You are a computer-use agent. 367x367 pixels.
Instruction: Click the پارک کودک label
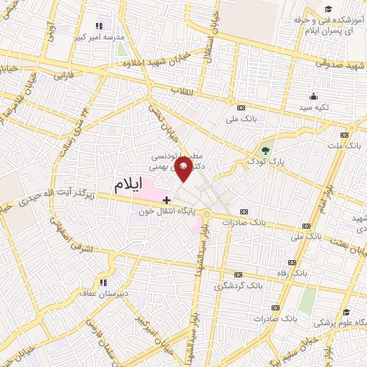tap(267, 161)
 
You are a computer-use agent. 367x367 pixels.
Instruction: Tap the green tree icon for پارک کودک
tap(267, 150)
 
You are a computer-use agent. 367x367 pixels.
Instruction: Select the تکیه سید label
tap(313, 107)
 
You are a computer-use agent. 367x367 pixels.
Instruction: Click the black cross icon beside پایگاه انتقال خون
tap(167, 199)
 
